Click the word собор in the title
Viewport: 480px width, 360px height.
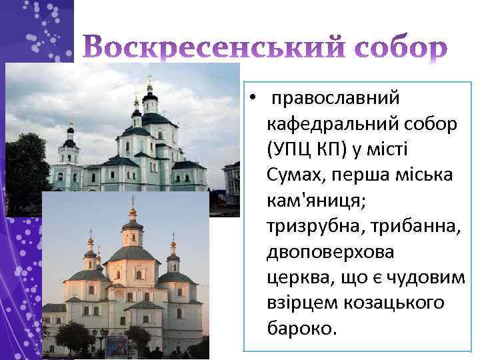397,49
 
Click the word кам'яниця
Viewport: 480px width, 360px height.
313,201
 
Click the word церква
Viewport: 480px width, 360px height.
296,277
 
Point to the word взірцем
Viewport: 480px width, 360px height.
299,303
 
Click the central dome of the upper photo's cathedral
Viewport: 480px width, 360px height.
150,100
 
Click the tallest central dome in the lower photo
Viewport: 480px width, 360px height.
132,230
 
